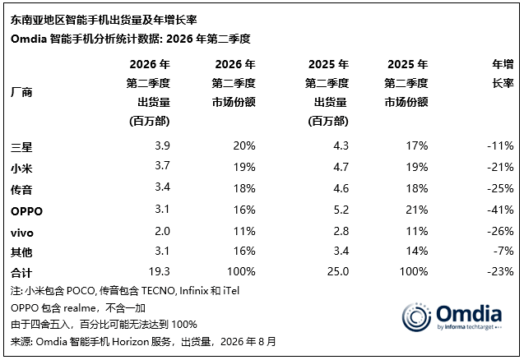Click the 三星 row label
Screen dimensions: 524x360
coord(21,147)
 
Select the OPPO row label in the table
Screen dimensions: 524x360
coord(26,211)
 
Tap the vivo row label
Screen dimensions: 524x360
coord(22,233)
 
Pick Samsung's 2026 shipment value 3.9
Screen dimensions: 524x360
coord(162,145)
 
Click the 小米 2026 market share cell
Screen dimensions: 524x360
coord(244,167)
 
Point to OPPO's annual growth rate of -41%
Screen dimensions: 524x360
coord(500,210)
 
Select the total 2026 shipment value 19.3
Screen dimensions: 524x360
coord(159,271)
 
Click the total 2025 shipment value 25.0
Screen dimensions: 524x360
coord(338,271)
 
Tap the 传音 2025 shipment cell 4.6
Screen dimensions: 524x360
coord(341,188)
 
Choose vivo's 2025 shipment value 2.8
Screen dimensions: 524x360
coord(341,231)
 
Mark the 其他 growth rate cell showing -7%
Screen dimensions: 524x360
coord(503,251)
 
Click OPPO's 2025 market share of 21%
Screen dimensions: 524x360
coord(417,210)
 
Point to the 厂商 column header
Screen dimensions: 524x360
coord(21,92)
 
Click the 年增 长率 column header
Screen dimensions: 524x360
coord(503,73)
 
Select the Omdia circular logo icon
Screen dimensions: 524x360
coord(416,317)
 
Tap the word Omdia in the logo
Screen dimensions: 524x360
coord(469,313)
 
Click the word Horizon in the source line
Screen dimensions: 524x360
coord(130,342)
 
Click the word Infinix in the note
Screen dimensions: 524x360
coord(194,291)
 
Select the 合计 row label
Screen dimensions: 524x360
coord(21,273)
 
